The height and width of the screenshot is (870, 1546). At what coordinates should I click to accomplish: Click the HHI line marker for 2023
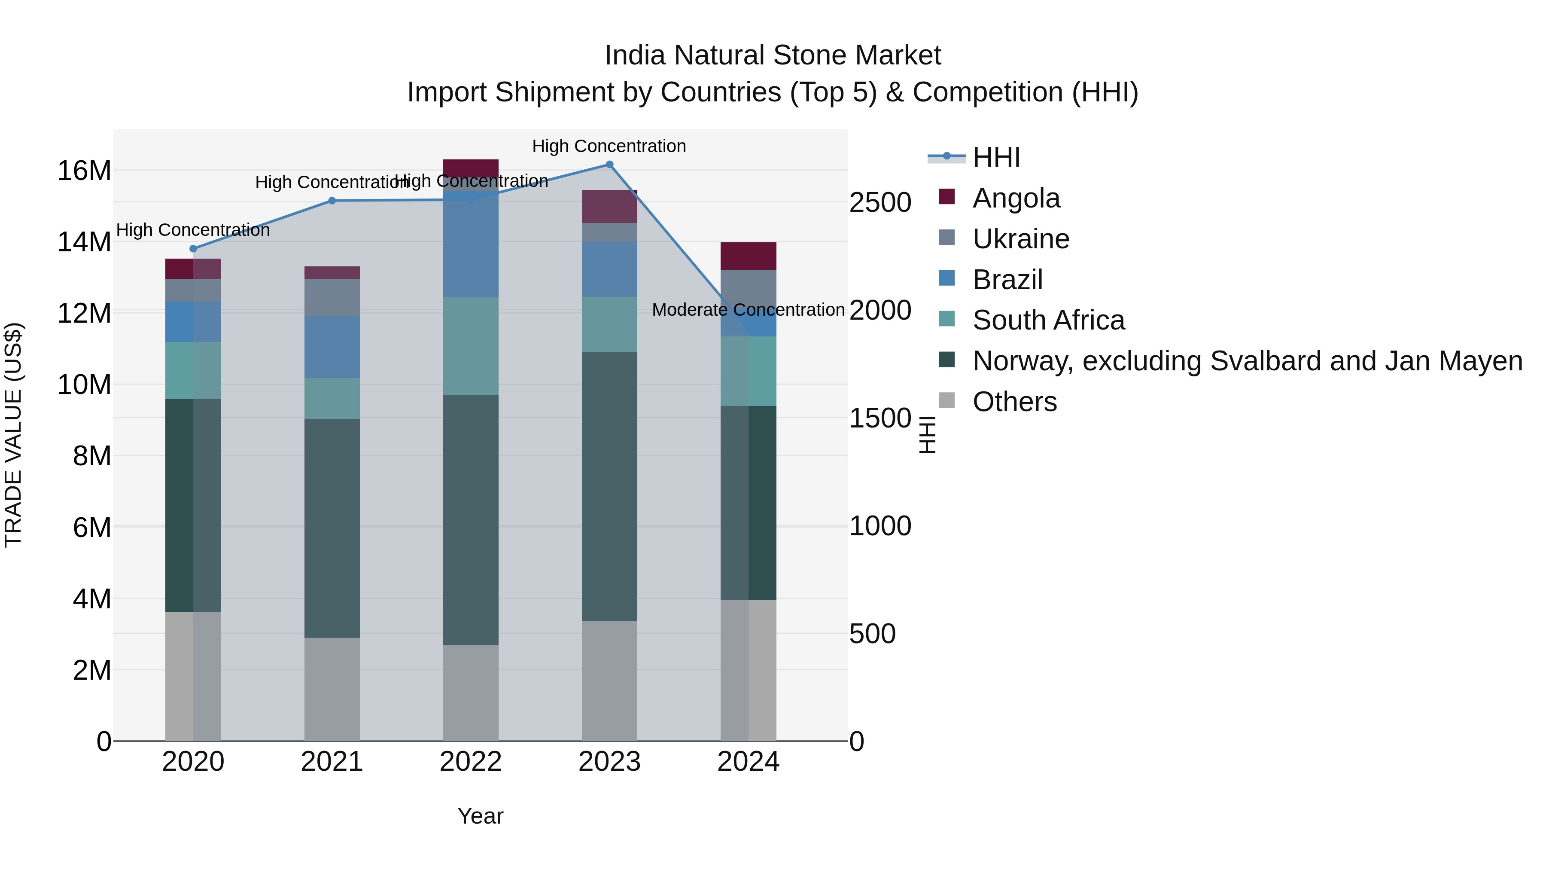609,165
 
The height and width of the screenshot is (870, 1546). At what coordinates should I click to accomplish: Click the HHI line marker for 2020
193,249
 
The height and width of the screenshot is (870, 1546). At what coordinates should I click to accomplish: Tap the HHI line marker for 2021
332,201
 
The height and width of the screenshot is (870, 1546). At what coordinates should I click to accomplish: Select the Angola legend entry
1016,198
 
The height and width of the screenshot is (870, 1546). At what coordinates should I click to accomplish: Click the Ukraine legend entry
1020,239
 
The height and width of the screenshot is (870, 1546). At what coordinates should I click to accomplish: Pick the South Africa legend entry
1048,320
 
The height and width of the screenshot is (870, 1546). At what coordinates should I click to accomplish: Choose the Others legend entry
1014,402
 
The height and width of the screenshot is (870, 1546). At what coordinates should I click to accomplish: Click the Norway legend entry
1247,361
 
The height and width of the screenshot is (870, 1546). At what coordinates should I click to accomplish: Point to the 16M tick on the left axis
84,171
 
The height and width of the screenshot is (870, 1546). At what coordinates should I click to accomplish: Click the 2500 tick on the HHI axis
880,203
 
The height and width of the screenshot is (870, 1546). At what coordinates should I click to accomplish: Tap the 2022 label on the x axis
471,762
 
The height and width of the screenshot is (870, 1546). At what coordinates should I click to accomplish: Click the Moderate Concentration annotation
748,310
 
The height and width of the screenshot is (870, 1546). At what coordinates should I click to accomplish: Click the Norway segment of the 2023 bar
609,486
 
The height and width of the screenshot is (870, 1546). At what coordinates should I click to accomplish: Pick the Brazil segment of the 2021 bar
332,347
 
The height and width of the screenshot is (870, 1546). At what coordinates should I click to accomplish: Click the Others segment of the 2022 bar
471,693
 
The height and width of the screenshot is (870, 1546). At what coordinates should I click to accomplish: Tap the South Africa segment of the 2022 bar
471,346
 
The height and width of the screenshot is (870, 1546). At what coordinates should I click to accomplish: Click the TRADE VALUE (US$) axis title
13,435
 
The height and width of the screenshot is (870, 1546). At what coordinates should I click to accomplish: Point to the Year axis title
480,816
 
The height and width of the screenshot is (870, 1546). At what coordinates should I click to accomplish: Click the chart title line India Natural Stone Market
773,55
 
